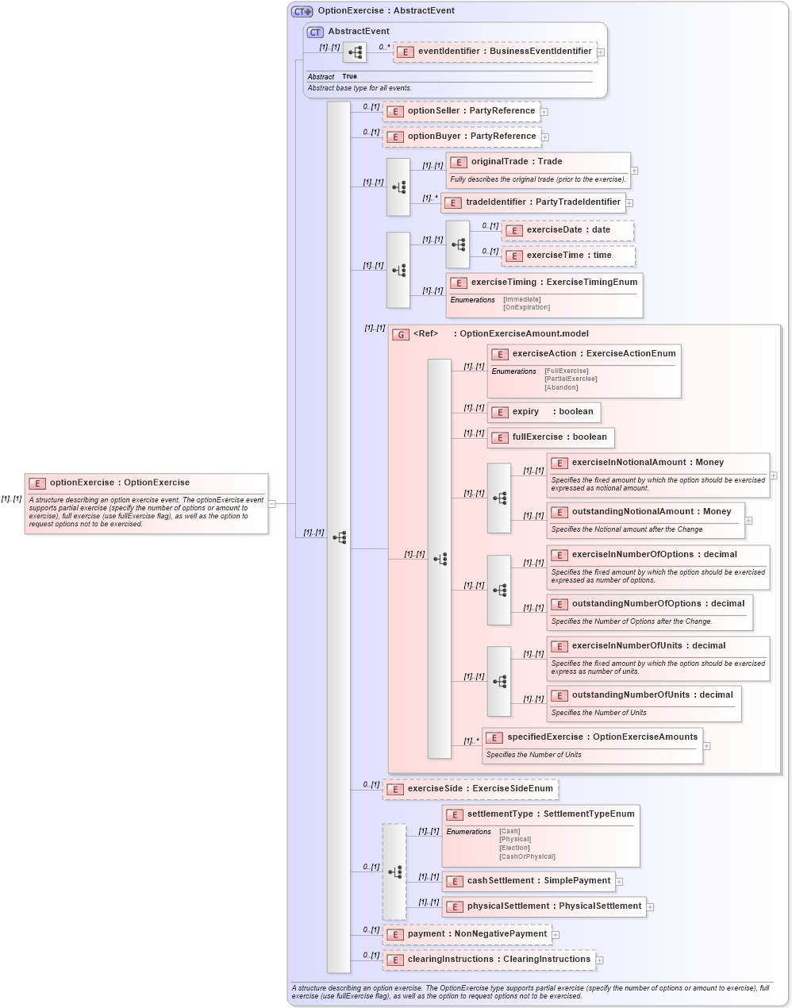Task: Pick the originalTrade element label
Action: tap(516, 162)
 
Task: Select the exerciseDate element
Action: tap(567, 230)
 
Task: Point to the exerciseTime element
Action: tap(568, 256)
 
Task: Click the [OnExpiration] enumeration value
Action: tap(526, 308)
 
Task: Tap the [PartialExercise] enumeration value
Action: tap(571, 379)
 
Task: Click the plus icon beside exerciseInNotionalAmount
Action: tap(774, 475)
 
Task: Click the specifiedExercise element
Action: tap(592, 737)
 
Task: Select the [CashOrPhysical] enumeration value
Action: tap(527, 856)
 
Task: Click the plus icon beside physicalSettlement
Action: tap(650, 906)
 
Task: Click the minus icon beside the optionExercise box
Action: tap(272, 503)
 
